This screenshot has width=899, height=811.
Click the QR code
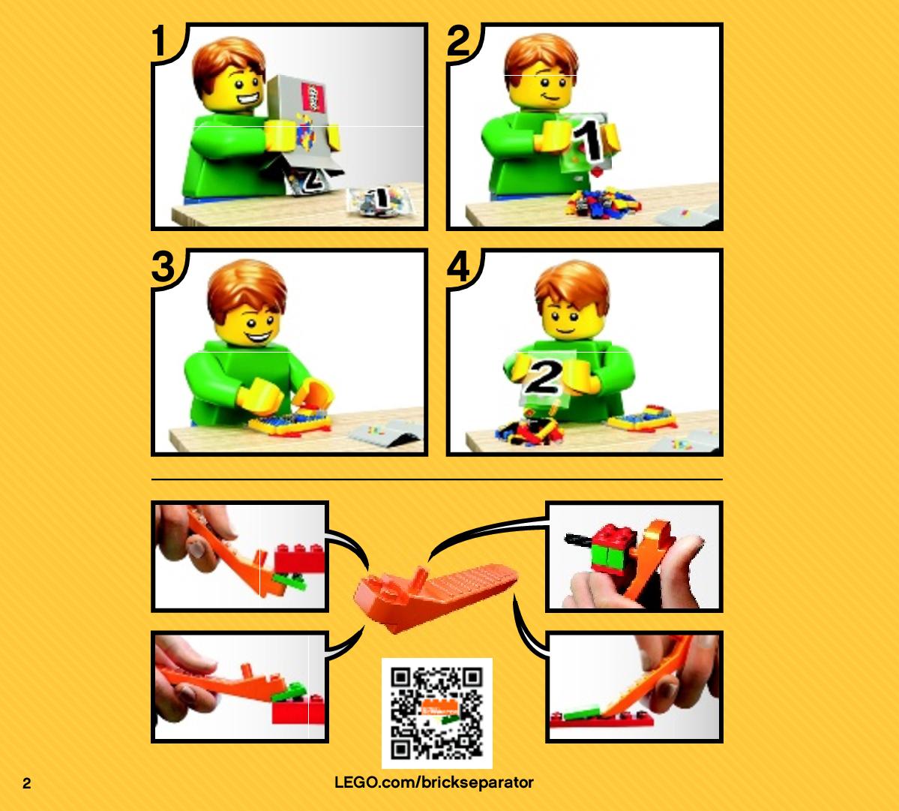tap(437, 713)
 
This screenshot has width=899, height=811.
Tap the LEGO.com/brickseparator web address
tap(434, 783)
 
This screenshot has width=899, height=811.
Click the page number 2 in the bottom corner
tap(27, 783)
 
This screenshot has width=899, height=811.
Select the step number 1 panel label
tap(161, 41)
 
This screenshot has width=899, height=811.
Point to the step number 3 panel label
tap(163, 266)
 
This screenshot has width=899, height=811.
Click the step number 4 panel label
tap(459, 266)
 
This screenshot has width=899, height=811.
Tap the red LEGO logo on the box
tap(313, 98)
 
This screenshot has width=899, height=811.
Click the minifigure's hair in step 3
tap(247, 287)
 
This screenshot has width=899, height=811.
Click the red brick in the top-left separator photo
tap(299, 559)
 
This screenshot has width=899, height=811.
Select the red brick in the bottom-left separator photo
tap(298, 709)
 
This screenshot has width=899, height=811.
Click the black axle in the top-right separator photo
tap(580, 539)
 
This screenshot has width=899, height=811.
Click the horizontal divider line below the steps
tap(437, 479)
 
